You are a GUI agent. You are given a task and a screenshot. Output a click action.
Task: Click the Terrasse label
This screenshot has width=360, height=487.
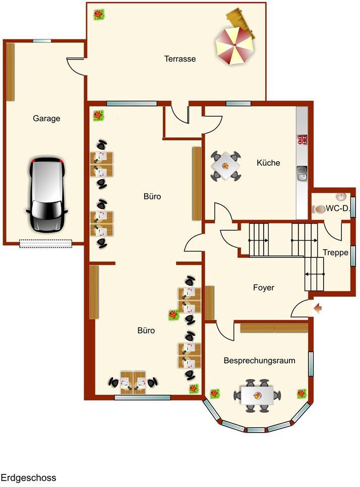pos(180,59)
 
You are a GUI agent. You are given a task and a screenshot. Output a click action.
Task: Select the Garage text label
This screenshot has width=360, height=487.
pos(46,119)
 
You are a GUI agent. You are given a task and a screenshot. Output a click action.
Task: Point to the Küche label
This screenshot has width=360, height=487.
pos(268,163)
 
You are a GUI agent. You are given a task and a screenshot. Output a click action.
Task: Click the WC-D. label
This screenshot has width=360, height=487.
pos(337,208)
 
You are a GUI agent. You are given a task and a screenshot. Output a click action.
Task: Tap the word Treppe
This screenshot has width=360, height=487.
pos(335,252)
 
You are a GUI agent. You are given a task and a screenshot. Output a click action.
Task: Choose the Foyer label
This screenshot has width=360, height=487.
pos(263,288)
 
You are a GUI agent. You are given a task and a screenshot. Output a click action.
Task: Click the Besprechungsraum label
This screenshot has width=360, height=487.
pos(259,361)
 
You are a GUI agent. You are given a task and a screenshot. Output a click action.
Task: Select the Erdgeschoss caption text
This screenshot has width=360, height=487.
pos(28,477)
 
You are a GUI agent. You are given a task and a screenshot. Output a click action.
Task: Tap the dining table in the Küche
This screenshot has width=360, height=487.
pos(225,166)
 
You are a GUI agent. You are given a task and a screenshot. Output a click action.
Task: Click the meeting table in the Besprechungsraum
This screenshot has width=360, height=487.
pos(257,394)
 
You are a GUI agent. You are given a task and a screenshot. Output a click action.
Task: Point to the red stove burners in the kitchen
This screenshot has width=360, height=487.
pos(303,140)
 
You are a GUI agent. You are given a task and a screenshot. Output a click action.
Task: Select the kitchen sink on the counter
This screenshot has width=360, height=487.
pos(303,173)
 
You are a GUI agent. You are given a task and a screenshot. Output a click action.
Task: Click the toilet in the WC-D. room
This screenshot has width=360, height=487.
pos(318,208)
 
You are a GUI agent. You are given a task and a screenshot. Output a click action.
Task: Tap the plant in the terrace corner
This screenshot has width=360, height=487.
pos(99,14)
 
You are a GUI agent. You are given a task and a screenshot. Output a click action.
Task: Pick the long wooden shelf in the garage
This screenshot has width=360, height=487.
pos(10,72)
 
